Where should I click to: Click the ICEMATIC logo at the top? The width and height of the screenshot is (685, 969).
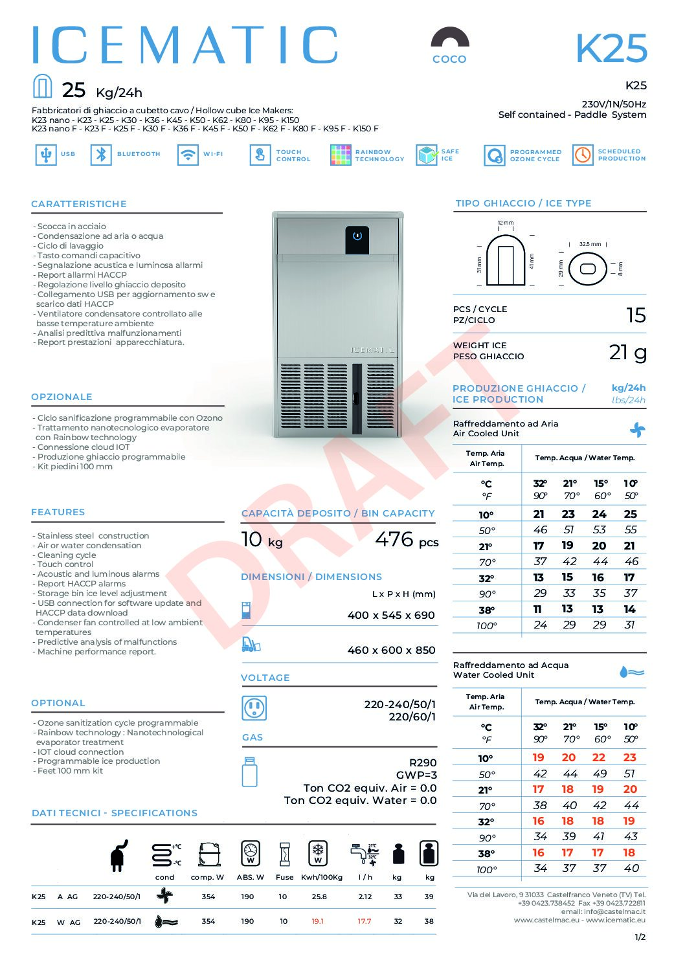pos(185,45)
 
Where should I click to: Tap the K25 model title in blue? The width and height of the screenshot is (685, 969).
pos(611,49)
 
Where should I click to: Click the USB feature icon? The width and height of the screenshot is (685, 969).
pos(45,155)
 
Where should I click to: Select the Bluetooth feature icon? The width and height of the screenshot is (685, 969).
pos(101,155)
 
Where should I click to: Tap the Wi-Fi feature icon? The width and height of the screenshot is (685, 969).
pos(188,155)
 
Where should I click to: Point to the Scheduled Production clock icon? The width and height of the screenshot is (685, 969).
pos(583,155)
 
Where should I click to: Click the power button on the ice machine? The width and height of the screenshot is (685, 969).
pos(357,236)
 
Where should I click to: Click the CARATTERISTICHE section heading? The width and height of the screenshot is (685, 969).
pos(79,204)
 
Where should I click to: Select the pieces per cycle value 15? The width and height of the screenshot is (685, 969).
pos(636,315)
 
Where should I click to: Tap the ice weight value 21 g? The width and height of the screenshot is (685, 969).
pos(627,352)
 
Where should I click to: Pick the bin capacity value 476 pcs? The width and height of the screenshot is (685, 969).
pos(406,540)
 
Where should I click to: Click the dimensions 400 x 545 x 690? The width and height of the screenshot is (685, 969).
pos(391,616)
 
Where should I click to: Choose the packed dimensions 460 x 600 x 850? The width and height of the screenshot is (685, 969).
pos(391,651)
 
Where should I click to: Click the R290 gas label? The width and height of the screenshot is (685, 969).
pos(423,763)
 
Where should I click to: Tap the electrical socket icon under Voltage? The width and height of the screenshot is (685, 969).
pos(254,708)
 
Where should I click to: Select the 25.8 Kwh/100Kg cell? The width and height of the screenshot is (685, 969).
pos(319,897)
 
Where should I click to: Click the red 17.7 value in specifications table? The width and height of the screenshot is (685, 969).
pos(365,922)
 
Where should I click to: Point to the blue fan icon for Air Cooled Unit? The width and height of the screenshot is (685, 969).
pos(638,429)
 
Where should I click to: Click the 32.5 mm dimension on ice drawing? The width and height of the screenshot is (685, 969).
pos(589,244)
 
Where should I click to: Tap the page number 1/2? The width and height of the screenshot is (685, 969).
pos(640,937)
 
